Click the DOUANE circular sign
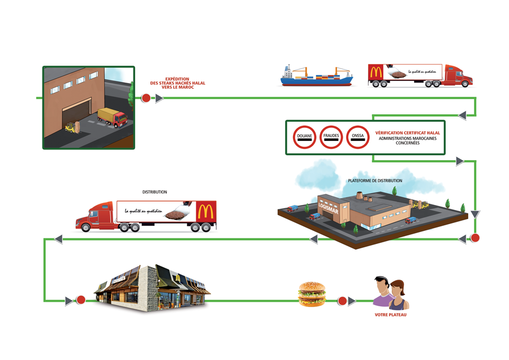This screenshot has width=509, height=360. (x=305, y=137)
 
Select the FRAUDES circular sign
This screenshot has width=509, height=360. (x=331, y=137)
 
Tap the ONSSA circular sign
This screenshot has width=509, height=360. (x=357, y=137)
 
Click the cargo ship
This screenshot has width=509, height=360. (x=317, y=76)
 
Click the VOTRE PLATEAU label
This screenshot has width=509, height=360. (x=390, y=315)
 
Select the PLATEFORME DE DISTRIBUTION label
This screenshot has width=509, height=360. (x=375, y=181)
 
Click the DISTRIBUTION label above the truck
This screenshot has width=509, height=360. (x=154, y=192)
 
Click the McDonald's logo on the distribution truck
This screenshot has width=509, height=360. (x=205, y=212)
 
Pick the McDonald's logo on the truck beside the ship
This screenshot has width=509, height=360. (x=376, y=72)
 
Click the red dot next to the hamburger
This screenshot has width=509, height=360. (x=342, y=301)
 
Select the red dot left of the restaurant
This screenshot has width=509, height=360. (x=81, y=301)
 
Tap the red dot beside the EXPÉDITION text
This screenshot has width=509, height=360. (x=146, y=98)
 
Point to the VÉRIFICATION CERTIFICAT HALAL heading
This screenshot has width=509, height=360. (x=408, y=133)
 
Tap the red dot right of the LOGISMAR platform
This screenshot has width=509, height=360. (x=475, y=238)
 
